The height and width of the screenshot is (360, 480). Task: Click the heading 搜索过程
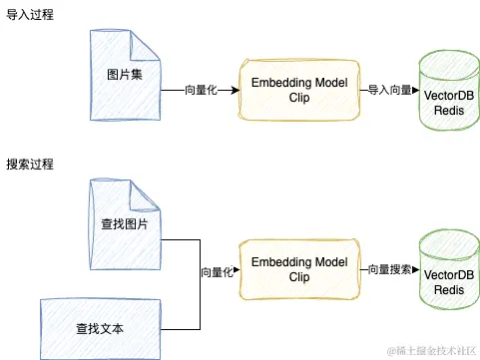click(x=30, y=164)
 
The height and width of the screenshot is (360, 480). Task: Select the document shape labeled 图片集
click(x=125, y=76)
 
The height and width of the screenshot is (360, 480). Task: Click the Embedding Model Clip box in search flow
click(x=299, y=270)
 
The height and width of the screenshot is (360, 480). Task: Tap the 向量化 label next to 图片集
click(x=205, y=91)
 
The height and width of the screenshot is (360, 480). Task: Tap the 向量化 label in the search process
click(x=218, y=270)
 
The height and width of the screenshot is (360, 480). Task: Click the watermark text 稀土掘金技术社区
click(x=430, y=345)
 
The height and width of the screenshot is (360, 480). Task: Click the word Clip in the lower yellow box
click(x=299, y=278)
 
